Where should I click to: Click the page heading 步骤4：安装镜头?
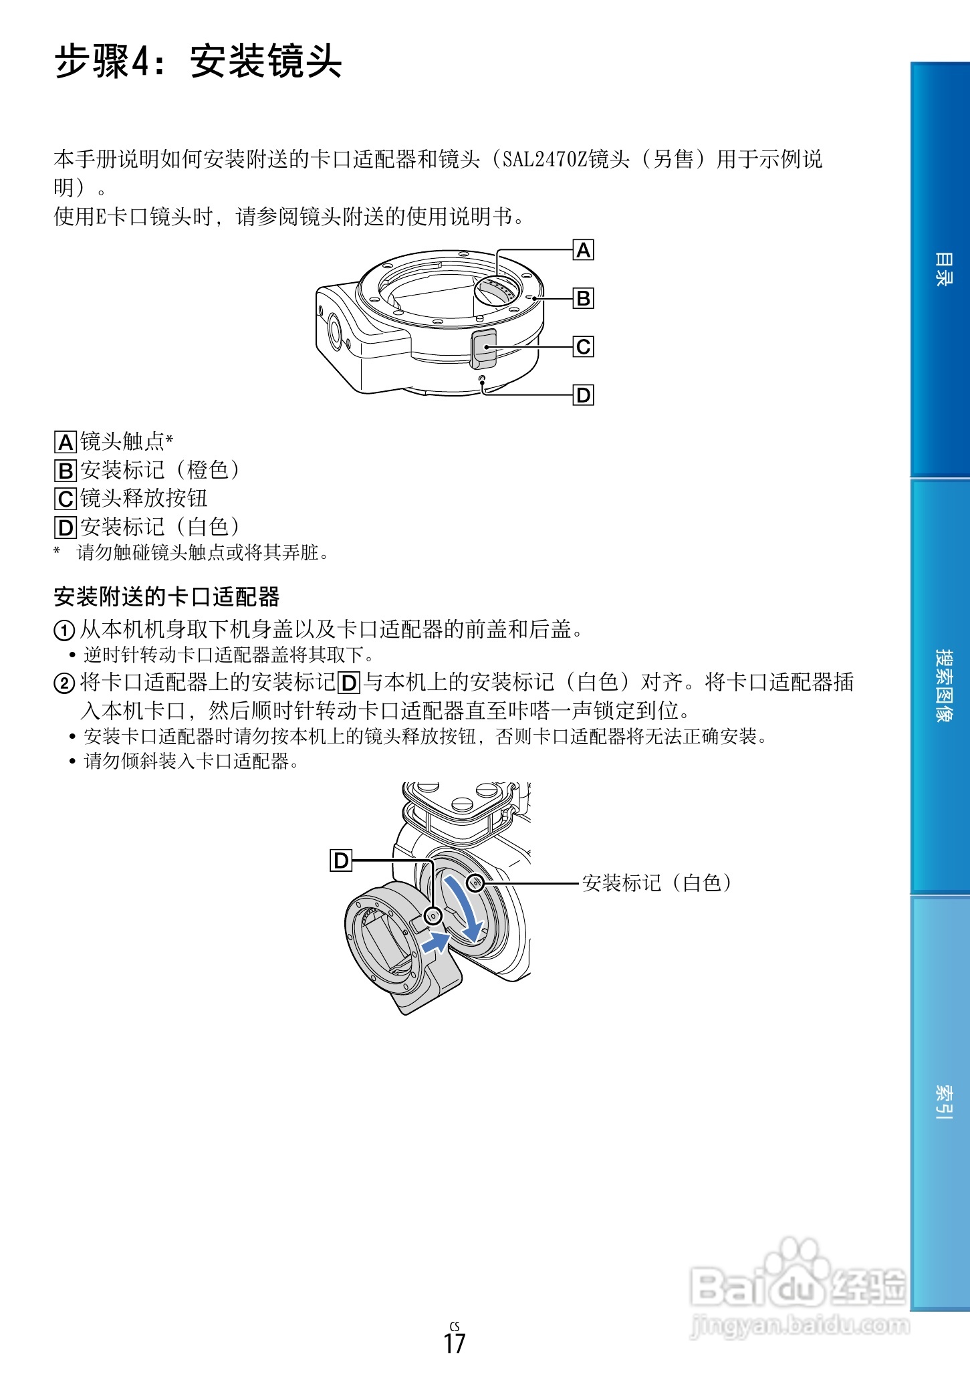[198, 62]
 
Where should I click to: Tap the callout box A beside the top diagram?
[583, 251]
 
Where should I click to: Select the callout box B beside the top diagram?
[583, 298]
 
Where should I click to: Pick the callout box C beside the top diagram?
[583, 347]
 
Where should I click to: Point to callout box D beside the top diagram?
[583, 395]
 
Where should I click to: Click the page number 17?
[455, 1343]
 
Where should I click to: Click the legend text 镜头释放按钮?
[144, 498]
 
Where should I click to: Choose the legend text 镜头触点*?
[127, 441]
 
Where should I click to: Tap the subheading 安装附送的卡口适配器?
[166, 596]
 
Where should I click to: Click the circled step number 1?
[64, 630]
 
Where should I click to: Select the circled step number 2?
[64, 683]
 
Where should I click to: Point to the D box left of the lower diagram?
[341, 860]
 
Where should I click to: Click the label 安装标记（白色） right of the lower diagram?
[656, 883]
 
